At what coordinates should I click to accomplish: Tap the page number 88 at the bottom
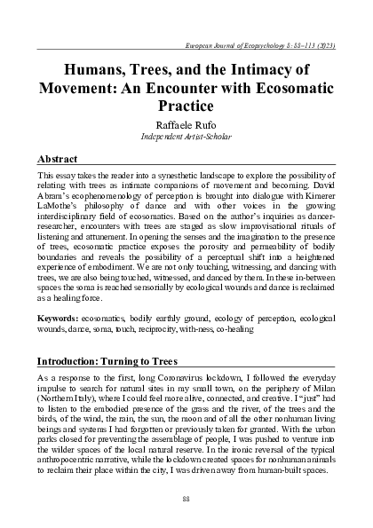(x=186, y=500)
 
